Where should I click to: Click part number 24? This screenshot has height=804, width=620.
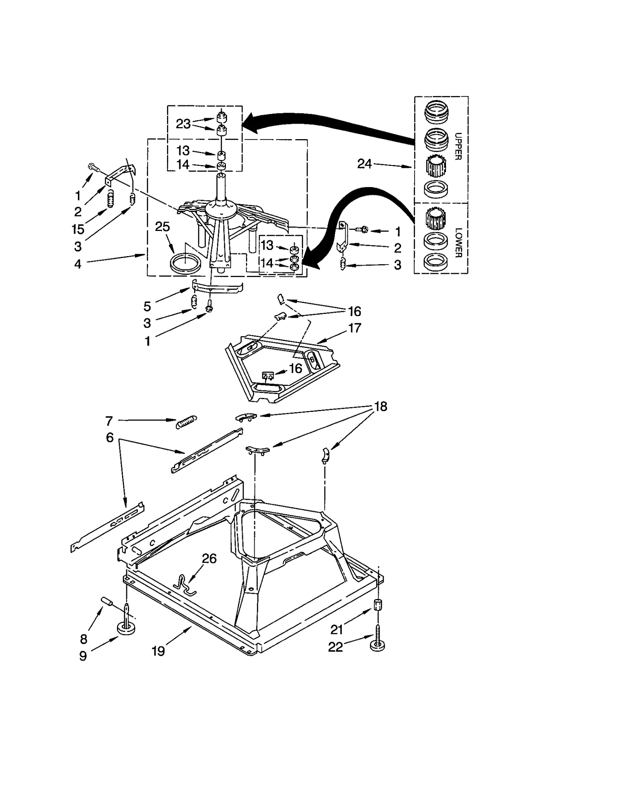(x=364, y=164)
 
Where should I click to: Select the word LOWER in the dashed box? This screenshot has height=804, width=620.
(x=458, y=243)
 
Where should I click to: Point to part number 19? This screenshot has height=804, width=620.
(x=158, y=651)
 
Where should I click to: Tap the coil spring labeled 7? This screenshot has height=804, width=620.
(x=187, y=422)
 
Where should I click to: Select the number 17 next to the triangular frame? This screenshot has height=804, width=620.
(x=355, y=328)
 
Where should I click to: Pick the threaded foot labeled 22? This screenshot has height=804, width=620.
(x=378, y=643)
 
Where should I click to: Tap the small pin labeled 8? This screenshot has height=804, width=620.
(x=107, y=602)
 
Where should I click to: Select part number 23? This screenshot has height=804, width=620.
(x=183, y=124)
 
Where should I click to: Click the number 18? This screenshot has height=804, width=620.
(x=381, y=406)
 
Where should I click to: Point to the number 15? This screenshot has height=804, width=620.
(x=78, y=229)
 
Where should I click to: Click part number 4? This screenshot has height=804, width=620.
(x=78, y=264)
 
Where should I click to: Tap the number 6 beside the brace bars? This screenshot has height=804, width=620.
(x=110, y=437)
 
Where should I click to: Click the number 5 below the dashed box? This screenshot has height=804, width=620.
(x=147, y=306)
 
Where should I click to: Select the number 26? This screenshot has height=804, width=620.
(x=209, y=558)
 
